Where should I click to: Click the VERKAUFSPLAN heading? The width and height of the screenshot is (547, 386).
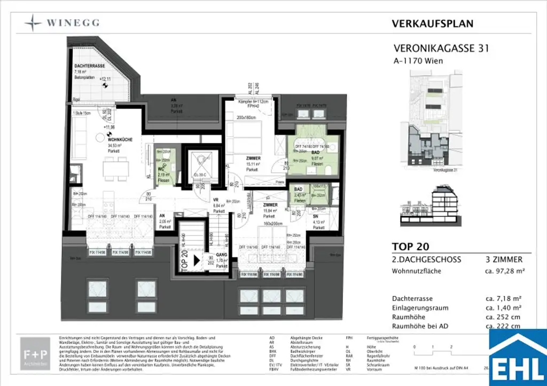(x=432, y=23)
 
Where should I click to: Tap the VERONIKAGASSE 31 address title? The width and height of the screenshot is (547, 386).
(x=440, y=49)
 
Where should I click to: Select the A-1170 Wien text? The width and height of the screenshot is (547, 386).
(x=418, y=61)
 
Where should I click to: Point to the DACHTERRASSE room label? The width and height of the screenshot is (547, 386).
(x=89, y=66)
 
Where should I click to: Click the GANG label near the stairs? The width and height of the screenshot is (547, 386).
(x=222, y=256)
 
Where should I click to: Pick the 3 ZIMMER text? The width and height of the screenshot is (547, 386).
(x=502, y=259)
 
